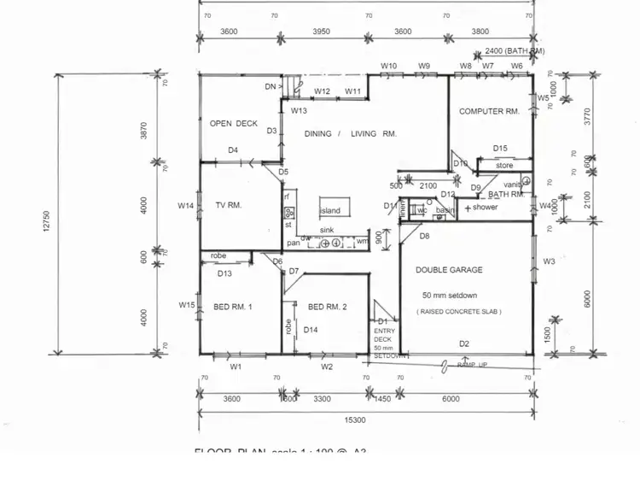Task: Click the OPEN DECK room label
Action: pos(233,124)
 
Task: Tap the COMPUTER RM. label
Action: pos(489,111)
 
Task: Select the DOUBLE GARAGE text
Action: pos(449,270)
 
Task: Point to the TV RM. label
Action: pos(229,205)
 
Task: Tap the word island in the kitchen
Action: pos(330,210)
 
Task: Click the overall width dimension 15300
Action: pos(355,419)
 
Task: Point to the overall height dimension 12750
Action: pos(46,220)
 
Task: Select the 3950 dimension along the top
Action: pos(322,32)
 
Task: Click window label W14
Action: pos(186,205)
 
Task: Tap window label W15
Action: pos(187,305)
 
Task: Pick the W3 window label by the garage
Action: pos(549,261)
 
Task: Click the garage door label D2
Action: pos(464,343)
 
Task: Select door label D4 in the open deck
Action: pos(232,150)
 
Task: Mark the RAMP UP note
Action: pos(472,365)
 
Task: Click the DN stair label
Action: pos(271,86)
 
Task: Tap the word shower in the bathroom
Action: pos(485,208)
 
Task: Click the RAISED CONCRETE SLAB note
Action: pos(459,312)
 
